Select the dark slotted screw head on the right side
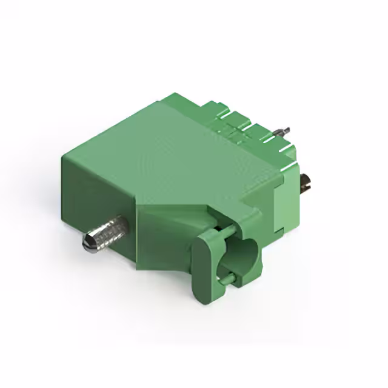307,182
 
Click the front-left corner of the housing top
63,157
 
